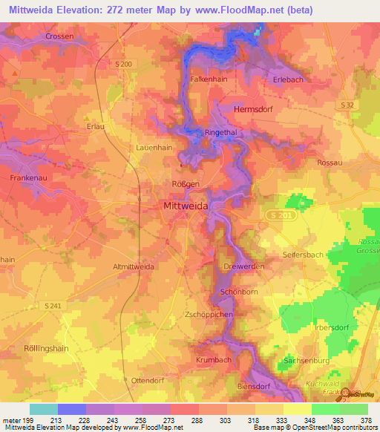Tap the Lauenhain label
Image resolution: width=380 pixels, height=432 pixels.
tap(154, 148)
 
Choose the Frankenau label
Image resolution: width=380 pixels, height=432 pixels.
tap(30, 178)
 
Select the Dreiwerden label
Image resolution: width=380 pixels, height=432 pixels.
tap(240, 266)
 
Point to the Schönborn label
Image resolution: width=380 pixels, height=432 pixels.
tap(239, 292)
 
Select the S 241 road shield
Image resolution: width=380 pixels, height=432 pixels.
tap(52, 306)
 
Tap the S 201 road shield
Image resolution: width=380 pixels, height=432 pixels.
tap(275, 215)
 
